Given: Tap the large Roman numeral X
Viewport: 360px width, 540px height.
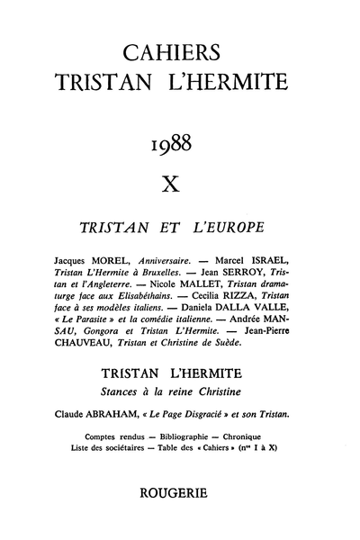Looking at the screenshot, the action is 180,185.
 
